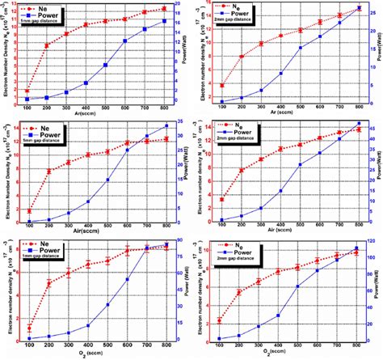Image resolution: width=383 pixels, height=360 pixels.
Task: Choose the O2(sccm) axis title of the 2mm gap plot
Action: click(288, 354)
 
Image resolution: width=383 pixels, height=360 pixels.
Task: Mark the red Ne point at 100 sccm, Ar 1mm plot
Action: click(28, 91)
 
